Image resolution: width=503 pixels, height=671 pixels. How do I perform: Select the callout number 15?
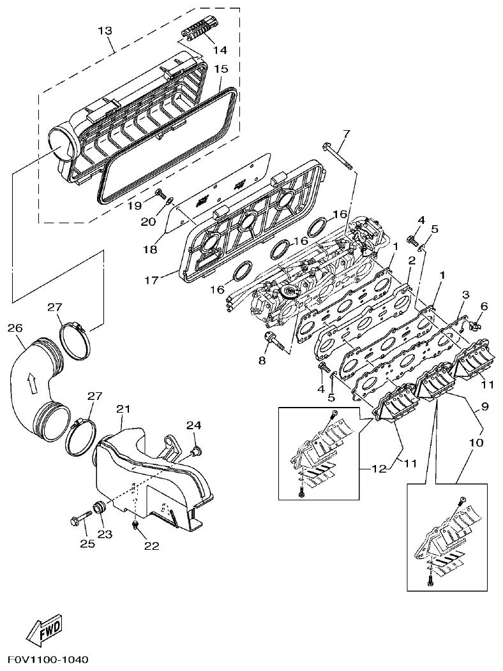[x=221, y=68]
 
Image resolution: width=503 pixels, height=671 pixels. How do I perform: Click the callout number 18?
[x=149, y=250]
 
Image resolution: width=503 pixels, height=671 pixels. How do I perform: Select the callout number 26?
[x=15, y=328]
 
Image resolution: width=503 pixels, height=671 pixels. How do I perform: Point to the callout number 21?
[x=123, y=408]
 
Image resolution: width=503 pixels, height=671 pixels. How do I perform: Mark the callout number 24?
[x=193, y=425]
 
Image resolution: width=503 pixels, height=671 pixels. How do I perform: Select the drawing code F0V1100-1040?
[x=48, y=659]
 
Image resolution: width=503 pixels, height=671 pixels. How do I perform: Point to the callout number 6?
[x=484, y=307]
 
